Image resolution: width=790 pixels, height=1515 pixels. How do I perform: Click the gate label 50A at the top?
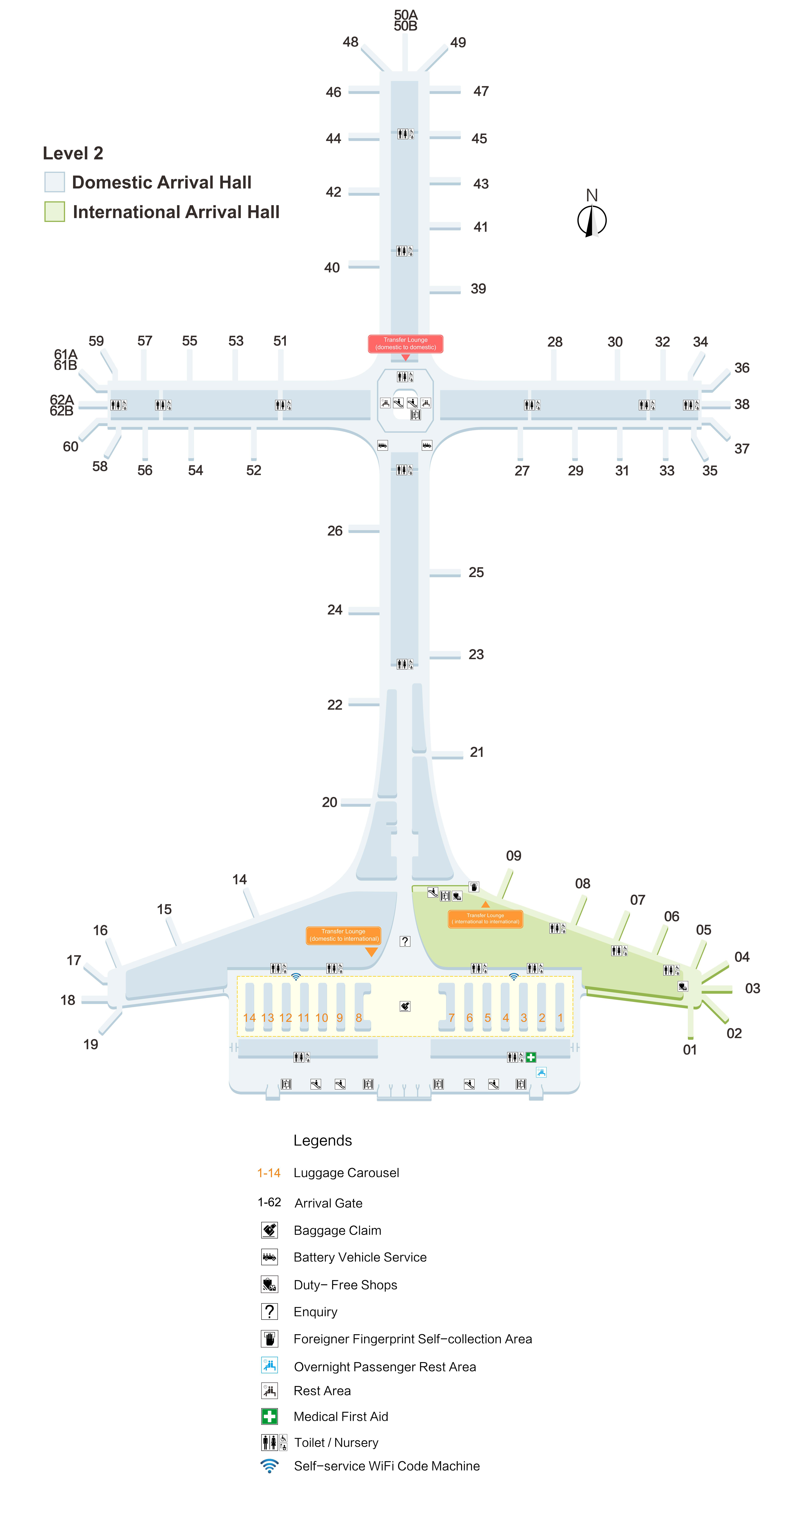(405, 15)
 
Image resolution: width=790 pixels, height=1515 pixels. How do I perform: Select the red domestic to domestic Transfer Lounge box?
(405, 344)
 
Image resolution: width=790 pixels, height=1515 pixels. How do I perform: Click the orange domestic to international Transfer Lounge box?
(343, 935)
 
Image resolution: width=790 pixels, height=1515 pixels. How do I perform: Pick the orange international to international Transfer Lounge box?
(485, 919)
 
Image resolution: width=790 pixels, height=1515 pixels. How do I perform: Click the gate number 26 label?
(335, 531)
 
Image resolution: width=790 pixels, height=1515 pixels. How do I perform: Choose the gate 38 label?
(742, 404)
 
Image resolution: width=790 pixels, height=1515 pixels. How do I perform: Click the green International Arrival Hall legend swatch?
(55, 212)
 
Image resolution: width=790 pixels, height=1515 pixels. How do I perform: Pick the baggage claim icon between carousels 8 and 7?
(405, 1006)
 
